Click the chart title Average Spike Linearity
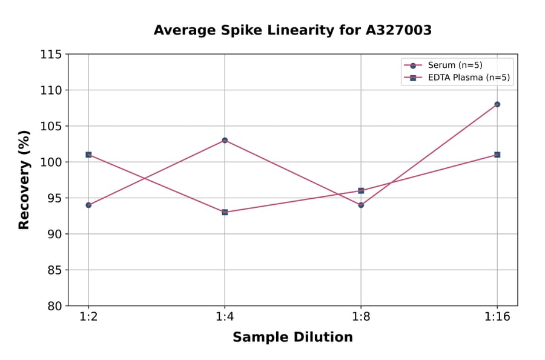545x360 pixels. (x=292, y=30)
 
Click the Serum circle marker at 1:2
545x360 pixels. (x=88, y=205)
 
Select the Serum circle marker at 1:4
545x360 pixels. (x=225, y=140)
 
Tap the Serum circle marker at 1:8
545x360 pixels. (x=361, y=205)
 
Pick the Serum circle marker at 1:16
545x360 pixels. (x=497, y=104)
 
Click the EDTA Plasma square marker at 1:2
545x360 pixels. (x=88, y=155)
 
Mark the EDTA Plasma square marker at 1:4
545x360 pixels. (x=225, y=212)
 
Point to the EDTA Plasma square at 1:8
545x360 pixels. (x=361, y=190)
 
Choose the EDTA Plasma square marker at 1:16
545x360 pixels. (x=497, y=155)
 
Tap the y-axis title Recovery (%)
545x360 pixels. (x=24, y=180)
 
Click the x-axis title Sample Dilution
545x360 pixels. (x=292, y=338)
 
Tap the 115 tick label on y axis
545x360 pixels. (x=51, y=55)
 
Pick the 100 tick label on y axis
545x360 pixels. (x=51, y=162)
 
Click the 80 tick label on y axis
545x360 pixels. (x=54, y=306)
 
